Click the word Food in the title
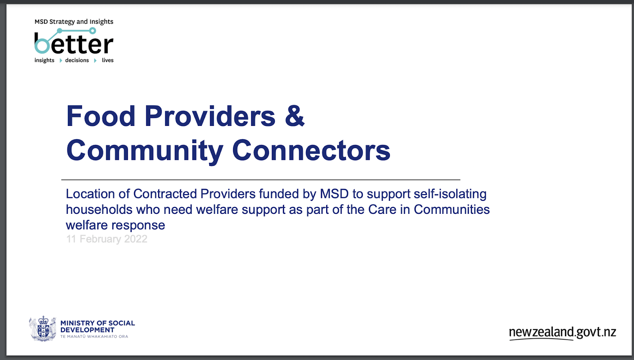coord(101,116)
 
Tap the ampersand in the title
coord(295,116)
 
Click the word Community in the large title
coord(145,152)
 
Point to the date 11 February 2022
coord(107,239)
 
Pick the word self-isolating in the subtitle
coord(450,194)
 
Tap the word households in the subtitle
coord(99,210)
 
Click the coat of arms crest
coord(43,329)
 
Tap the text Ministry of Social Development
coord(97,326)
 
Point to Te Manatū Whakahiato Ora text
coord(94,337)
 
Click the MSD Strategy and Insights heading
coord(74,22)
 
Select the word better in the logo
coord(74,43)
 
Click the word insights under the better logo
coord(44,61)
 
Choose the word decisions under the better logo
coord(77,60)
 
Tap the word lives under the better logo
coord(108,60)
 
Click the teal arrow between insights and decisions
coord(61,61)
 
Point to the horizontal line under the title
coord(261,179)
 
